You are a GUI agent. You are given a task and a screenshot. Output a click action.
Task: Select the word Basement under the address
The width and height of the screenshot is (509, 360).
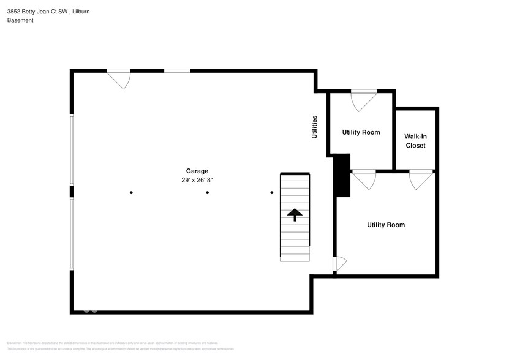coord(20,20)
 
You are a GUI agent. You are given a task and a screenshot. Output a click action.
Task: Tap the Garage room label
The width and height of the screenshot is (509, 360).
coord(197,171)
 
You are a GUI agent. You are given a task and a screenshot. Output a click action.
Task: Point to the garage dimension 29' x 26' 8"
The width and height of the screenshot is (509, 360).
coord(197,180)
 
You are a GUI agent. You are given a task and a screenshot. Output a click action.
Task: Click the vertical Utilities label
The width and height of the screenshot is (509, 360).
coord(314,127)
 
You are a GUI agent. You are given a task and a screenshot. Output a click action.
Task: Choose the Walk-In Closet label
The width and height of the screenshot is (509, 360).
coord(415,141)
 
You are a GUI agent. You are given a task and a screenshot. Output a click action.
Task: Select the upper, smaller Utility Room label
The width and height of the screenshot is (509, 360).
coord(361,132)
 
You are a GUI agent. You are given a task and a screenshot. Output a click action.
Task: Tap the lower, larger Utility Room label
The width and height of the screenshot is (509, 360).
coord(386,225)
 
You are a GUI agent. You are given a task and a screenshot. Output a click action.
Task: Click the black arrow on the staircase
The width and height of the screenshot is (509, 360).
coord(295,214)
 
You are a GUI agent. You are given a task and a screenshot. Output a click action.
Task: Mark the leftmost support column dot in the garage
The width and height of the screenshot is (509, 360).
coord(131,193)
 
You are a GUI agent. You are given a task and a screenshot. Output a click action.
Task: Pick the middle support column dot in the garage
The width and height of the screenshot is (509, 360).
coord(208,193)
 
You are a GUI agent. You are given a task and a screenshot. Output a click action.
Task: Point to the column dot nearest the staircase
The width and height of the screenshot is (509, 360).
coord(272,193)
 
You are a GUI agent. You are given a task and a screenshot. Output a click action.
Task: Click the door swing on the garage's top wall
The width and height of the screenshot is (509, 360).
coord(119,78)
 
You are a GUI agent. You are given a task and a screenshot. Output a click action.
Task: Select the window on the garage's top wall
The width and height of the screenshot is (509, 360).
coord(177,71)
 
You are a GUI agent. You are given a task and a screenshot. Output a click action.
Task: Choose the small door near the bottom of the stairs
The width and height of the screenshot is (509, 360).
coord(339,264)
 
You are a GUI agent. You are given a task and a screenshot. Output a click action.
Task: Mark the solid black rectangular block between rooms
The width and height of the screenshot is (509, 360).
coord(341,175)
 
